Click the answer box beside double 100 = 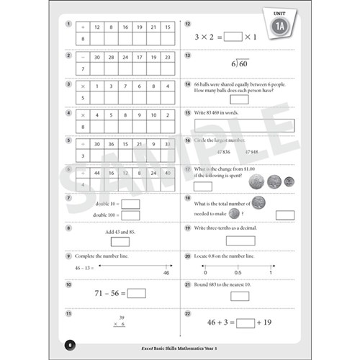130,215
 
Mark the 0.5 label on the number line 238,273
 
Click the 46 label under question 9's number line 166,273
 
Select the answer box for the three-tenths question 234,240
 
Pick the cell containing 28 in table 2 111,55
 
